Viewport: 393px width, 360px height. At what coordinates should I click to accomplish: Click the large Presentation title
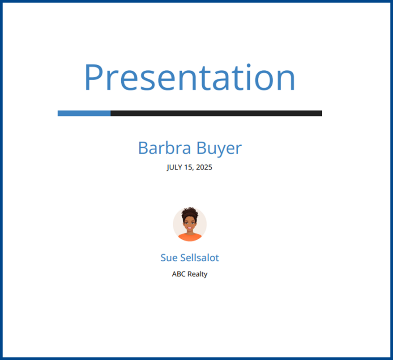(x=190, y=77)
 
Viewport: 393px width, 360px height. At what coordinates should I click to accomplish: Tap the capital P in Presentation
(x=94, y=77)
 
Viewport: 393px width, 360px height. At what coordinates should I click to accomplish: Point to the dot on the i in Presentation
(x=248, y=66)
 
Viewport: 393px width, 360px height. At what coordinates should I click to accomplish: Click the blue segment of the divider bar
(x=84, y=114)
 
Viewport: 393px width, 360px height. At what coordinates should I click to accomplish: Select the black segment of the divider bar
(x=216, y=114)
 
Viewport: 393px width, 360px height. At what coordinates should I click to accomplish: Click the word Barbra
(x=164, y=148)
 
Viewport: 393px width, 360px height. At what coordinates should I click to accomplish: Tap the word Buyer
(x=219, y=148)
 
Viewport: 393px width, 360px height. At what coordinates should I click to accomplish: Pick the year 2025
(x=204, y=167)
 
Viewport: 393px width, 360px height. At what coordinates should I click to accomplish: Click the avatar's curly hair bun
(x=190, y=213)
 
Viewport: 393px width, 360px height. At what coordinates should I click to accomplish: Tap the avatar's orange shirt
(x=190, y=237)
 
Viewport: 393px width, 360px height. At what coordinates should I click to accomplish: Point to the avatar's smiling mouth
(x=190, y=228)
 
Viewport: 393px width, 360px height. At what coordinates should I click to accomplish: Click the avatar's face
(x=190, y=224)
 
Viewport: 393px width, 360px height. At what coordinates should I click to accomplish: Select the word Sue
(x=169, y=258)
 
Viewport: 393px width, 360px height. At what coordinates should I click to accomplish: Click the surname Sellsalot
(x=200, y=258)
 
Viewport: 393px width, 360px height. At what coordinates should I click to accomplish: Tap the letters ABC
(x=179, y=274)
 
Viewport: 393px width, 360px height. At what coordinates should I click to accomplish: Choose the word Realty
(x=197, y=275)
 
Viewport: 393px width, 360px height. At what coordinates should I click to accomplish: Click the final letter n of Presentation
(x=287, y=80)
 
